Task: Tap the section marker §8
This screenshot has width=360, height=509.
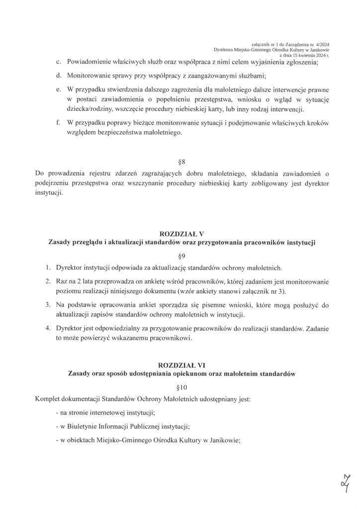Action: (x=181, y=162)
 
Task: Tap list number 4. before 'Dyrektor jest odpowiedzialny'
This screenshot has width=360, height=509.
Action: (x=48, y=329)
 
